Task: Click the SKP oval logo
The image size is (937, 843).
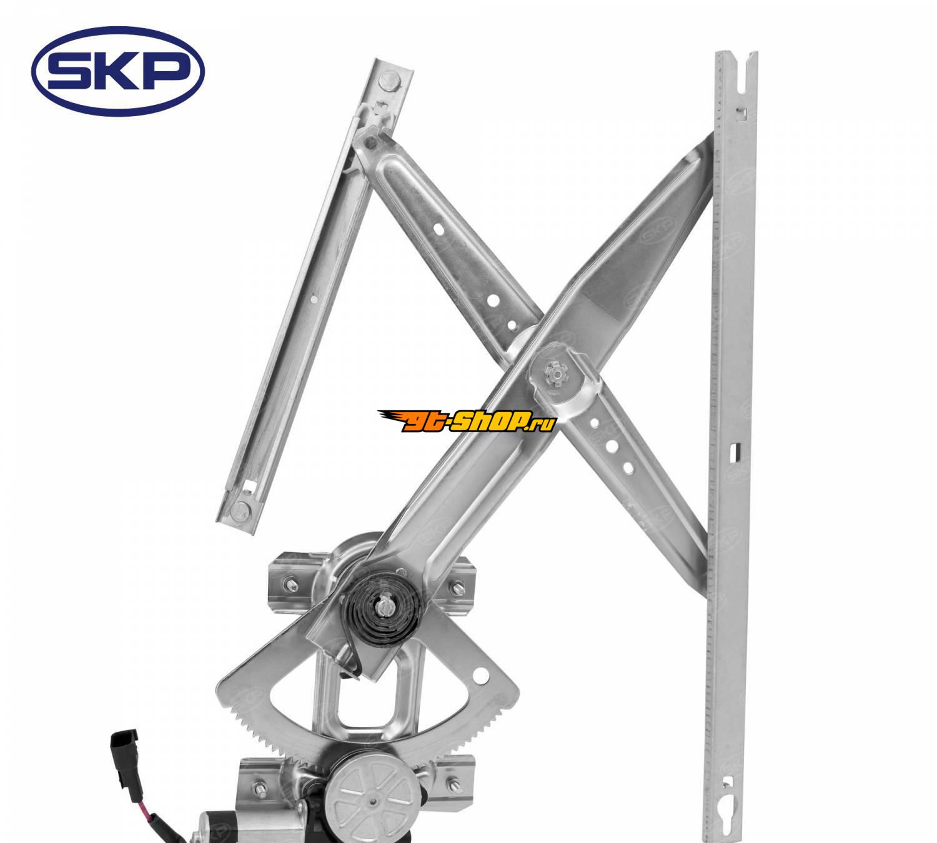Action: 117,71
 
